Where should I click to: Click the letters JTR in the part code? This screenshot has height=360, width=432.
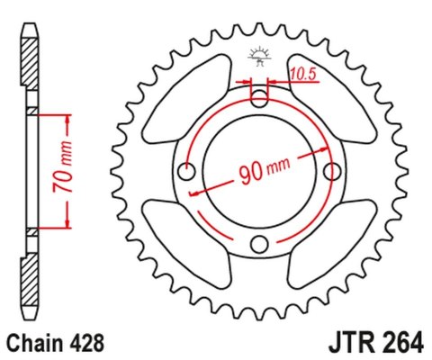[340, 343]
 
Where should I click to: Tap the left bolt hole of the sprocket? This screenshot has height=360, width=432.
[187, 171]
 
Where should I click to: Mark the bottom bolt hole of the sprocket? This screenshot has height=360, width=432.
[259, 243]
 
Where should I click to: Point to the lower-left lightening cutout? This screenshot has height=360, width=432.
[180, 243]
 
